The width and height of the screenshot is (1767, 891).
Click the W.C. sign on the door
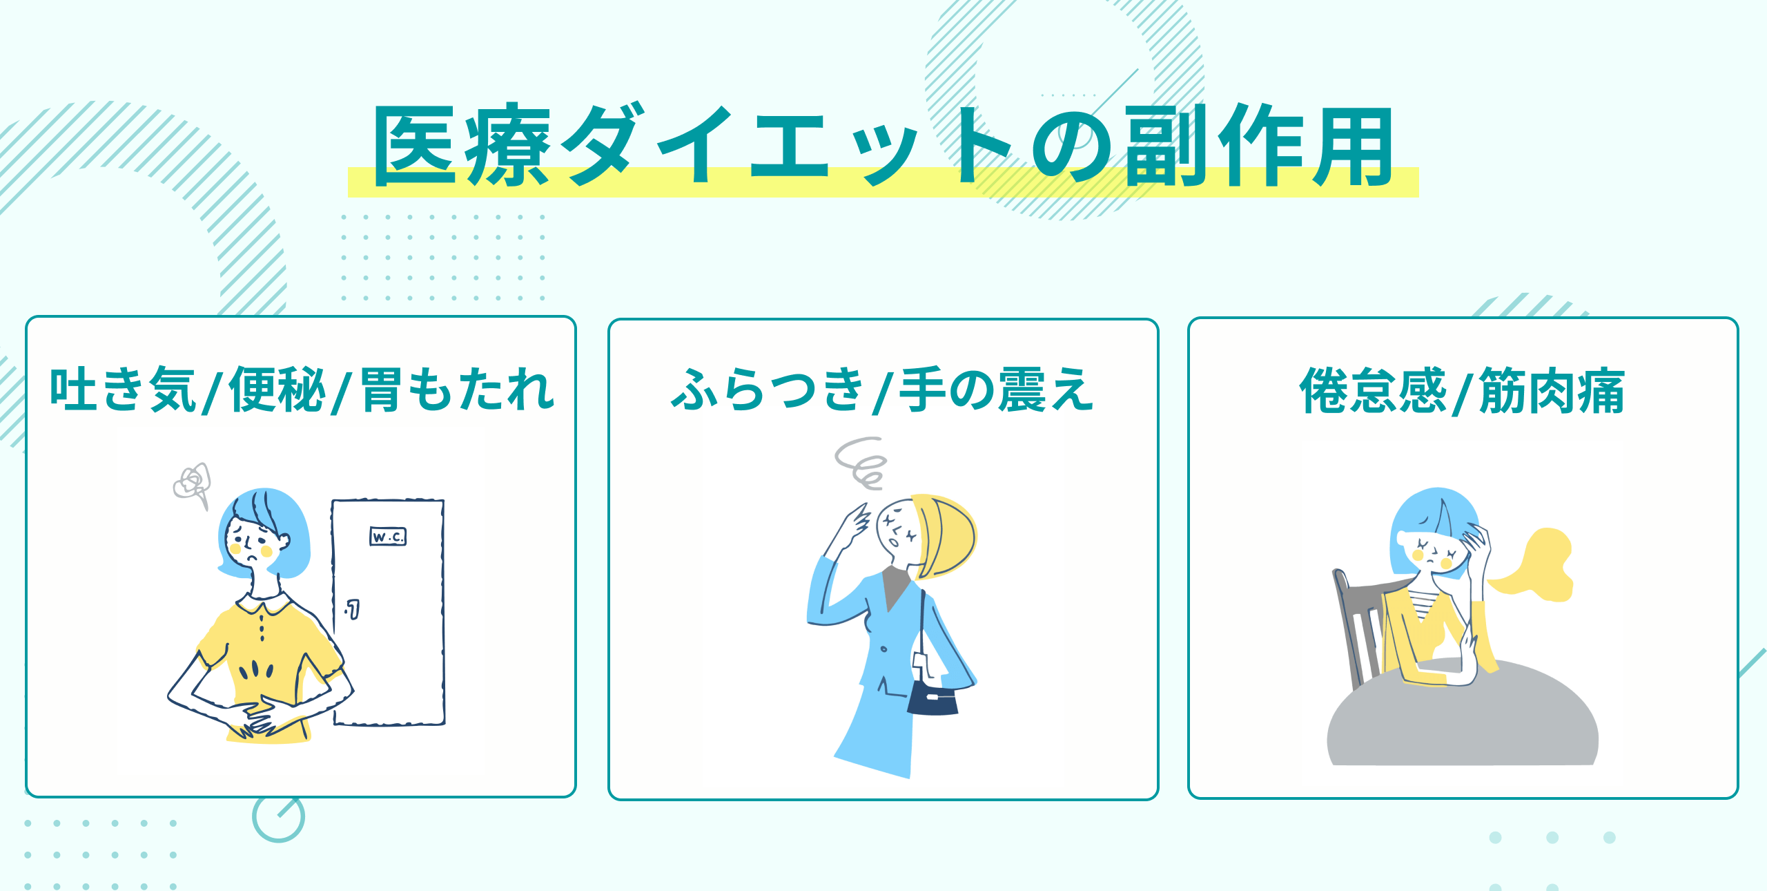(x=388, y=537)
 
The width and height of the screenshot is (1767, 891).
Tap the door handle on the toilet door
(x=353, y=609)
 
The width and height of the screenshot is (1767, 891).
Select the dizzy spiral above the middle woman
(x=860, y=462)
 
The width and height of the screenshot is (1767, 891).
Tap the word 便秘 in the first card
(x=277, y=390)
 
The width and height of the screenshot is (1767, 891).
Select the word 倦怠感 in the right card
(x=1373, y=391)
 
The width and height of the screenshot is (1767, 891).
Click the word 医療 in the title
(x=462, y=146)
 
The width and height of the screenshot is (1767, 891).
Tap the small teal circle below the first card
(x=278, y=817)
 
